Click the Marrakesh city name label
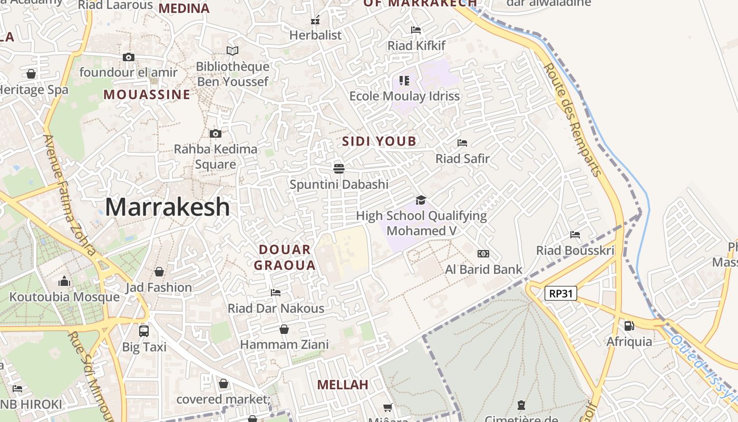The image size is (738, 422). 167,207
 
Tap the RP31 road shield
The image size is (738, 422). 561,294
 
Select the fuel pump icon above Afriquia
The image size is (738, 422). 629,326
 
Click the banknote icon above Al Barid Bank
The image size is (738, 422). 483,254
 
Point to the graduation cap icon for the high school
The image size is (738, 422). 421,200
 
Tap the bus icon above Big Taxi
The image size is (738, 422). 144,331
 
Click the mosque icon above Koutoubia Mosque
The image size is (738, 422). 64,281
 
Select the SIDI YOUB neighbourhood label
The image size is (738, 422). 379,141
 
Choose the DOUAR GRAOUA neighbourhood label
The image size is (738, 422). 285,257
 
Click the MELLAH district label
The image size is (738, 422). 343,385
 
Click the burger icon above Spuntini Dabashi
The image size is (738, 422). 339,168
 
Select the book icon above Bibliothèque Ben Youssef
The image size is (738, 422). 232,51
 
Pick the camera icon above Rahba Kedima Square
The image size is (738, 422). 216,133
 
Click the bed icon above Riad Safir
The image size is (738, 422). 462,142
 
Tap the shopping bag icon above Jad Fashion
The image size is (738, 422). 159,272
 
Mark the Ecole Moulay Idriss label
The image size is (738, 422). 405,96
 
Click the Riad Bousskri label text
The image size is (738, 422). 575,251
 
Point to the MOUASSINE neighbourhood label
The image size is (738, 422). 147,95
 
